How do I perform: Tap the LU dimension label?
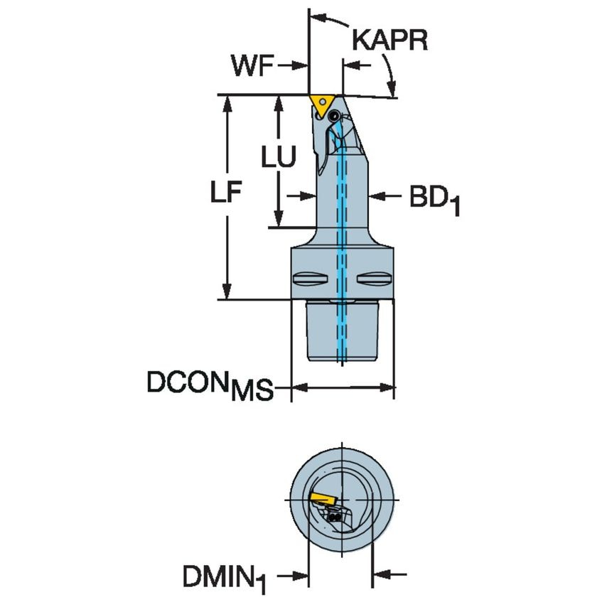click(277, 158)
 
